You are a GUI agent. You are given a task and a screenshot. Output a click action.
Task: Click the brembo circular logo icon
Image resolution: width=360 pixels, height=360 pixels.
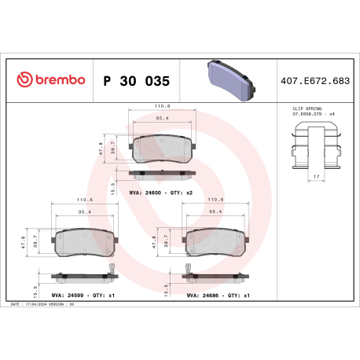pos(24,80)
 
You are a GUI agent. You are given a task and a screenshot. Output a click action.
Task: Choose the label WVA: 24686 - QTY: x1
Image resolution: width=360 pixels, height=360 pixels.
pos(219,296)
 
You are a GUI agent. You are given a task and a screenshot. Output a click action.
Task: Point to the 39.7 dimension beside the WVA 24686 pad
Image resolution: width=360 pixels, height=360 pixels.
pos(174,245)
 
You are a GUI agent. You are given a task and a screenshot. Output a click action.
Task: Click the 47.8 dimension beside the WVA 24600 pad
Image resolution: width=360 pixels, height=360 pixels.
pos(101,147)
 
